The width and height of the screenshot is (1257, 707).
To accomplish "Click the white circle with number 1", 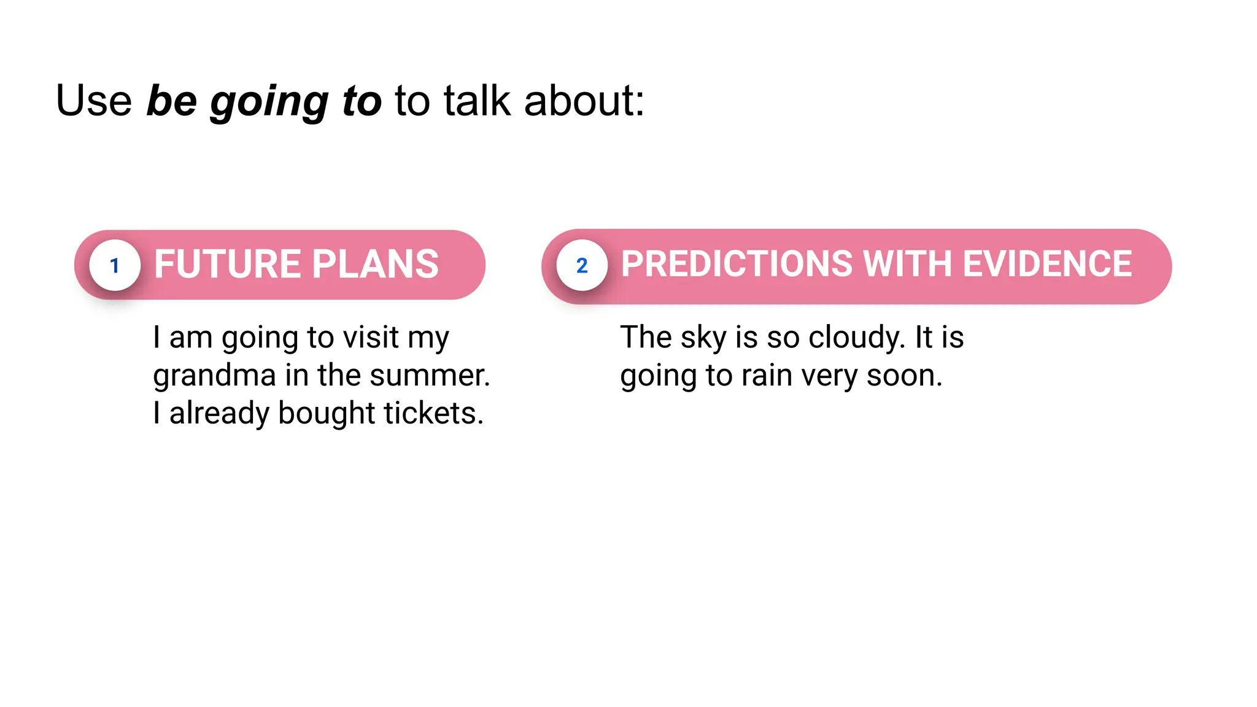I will (x=115, y=265).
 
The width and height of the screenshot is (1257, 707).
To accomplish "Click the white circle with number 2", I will (x=582, y=265).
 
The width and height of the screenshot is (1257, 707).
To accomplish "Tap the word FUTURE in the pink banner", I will (x=226, y=265).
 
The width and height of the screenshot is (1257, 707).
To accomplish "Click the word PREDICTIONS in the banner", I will (x=737, y=264).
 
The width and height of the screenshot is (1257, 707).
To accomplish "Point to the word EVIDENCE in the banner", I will (x=1047, y=264).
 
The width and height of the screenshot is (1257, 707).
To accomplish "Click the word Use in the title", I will (x=94, y=101).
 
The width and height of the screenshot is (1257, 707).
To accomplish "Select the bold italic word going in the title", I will (x=269, y=102).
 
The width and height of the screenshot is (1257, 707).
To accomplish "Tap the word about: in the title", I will (x=584, y=101).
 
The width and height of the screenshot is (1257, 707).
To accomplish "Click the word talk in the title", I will (x=477, y=101).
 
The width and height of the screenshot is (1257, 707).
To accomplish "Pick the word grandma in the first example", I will (x=214, y=376).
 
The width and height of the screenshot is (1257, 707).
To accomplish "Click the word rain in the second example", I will (x=767, y=376).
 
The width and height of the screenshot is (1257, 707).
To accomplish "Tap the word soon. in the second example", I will (x=903, y=376).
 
